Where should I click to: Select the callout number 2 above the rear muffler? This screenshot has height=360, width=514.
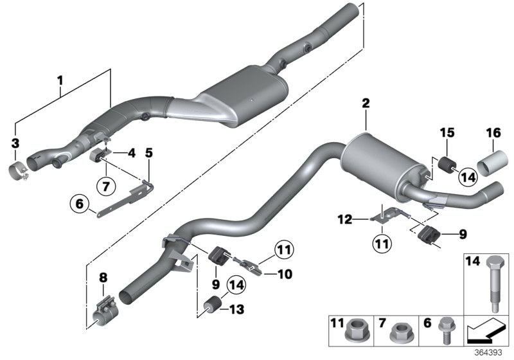tap(366, 103)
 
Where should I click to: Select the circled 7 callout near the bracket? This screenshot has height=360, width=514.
tap(104, 187)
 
